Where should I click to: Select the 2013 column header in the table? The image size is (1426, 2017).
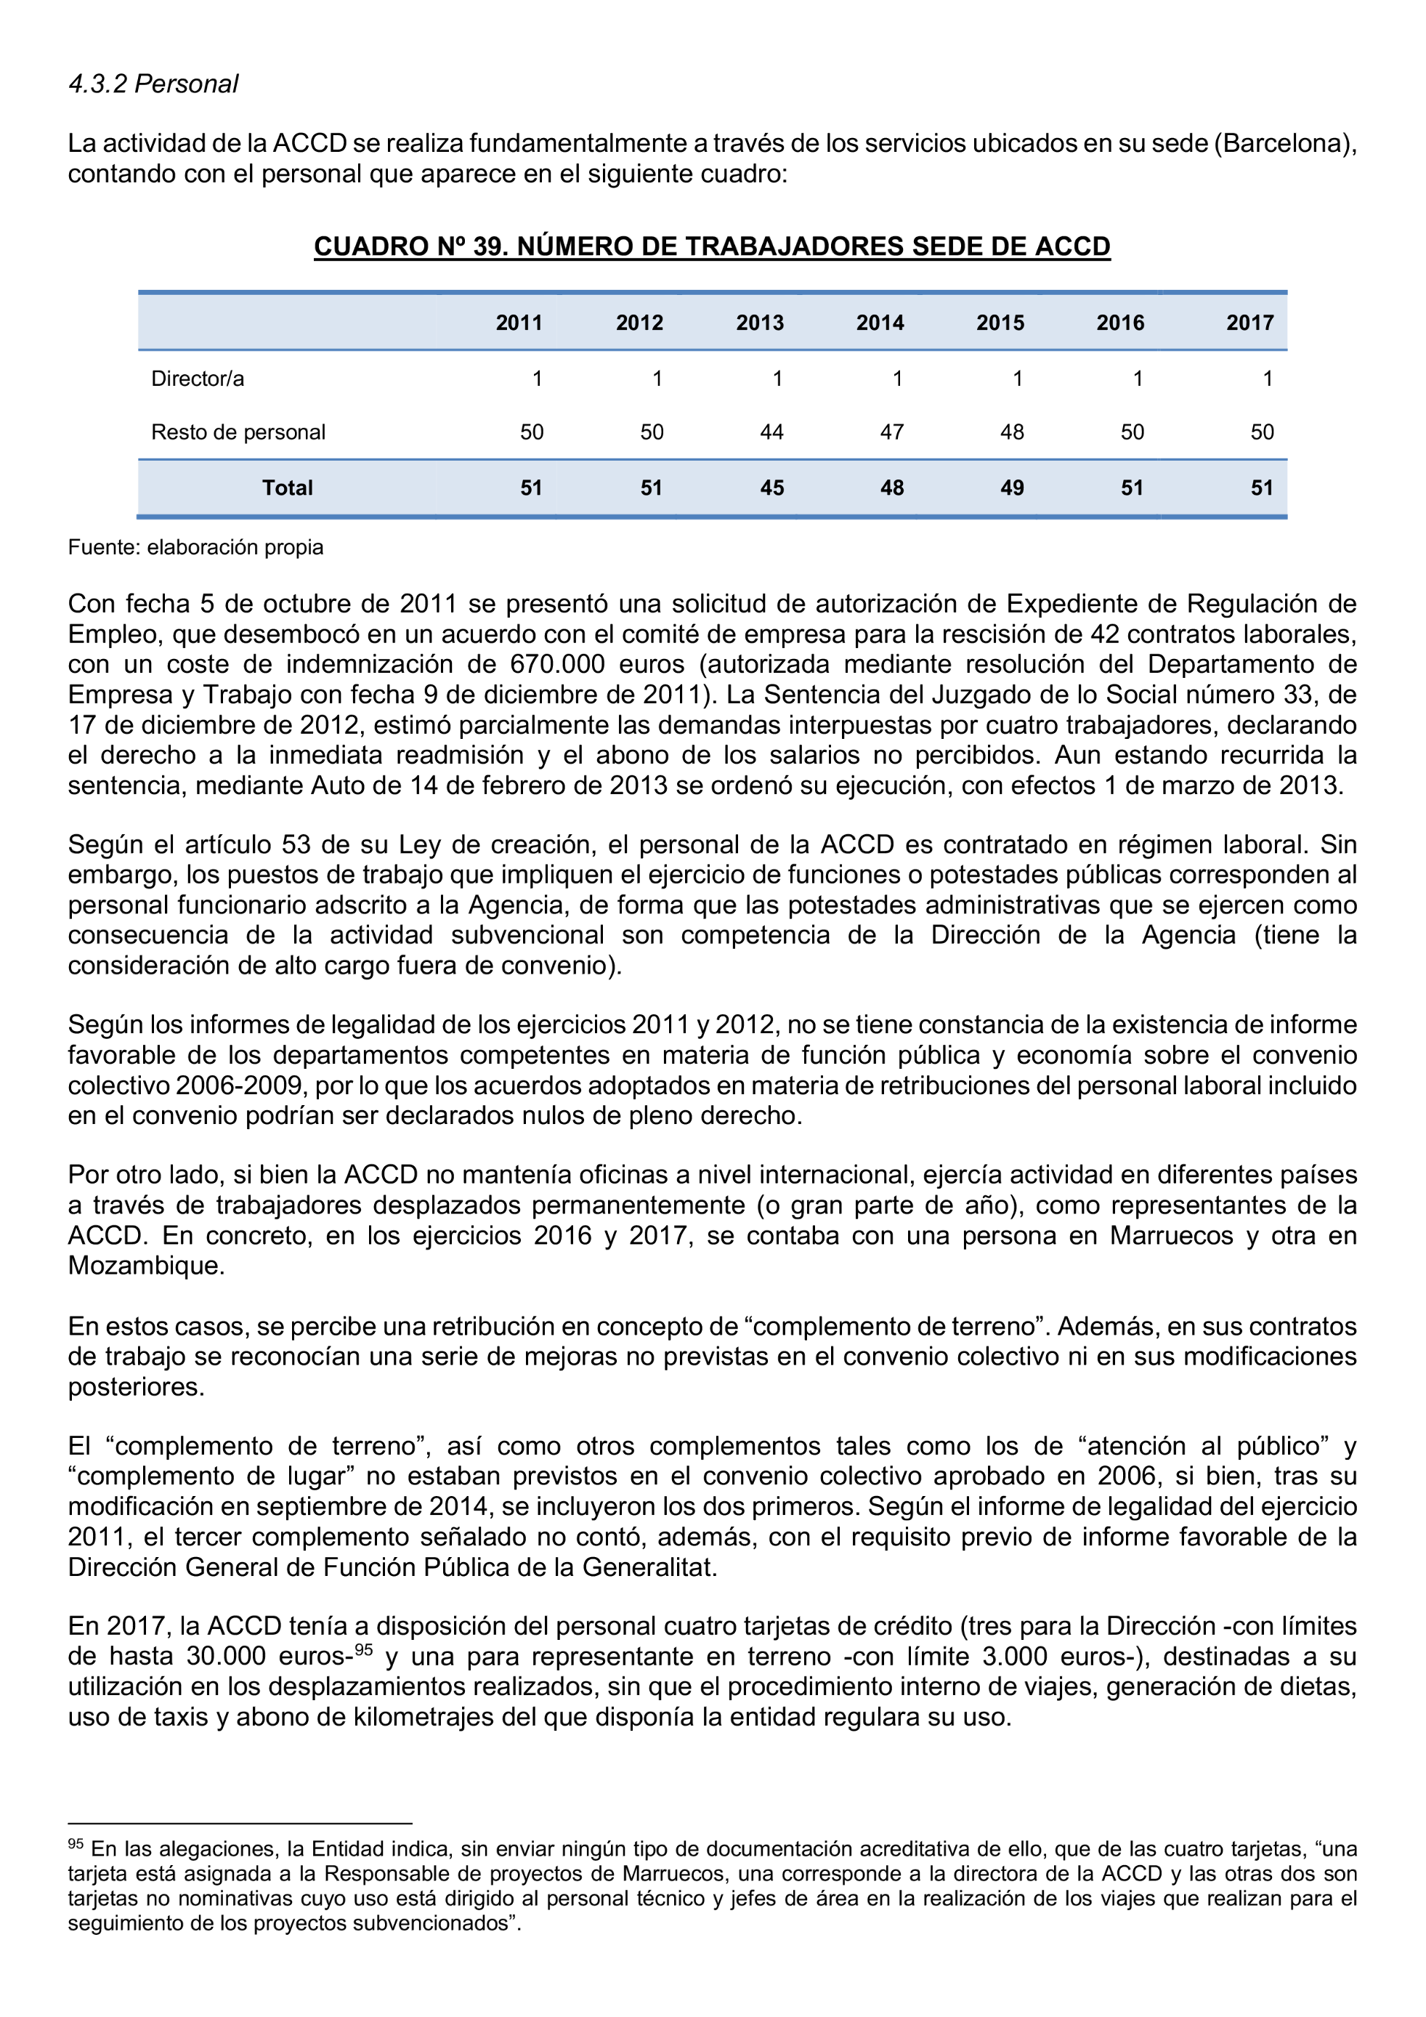[x=760, y=323]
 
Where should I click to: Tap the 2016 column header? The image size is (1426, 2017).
[x=1119, y=323]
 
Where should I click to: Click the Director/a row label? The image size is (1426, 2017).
[x=198, y=379]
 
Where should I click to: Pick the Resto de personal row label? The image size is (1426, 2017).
[x=238, y=432]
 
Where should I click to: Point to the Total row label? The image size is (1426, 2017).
[x=287, y=488]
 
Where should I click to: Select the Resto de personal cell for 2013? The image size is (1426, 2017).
[x=771, y=432]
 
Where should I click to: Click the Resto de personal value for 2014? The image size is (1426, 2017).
[x=891, y=432]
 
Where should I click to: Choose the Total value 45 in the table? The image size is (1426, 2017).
[x=771, y=488]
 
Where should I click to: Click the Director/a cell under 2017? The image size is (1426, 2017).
[x=1267, y=379]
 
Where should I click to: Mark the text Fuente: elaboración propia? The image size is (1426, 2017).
[x=196, y=547]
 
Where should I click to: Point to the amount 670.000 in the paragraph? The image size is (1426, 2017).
[x=556, y=664]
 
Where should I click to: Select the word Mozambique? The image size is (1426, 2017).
[x=147, y=1266]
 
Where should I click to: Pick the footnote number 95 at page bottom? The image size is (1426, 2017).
[x=76, y=1846]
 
